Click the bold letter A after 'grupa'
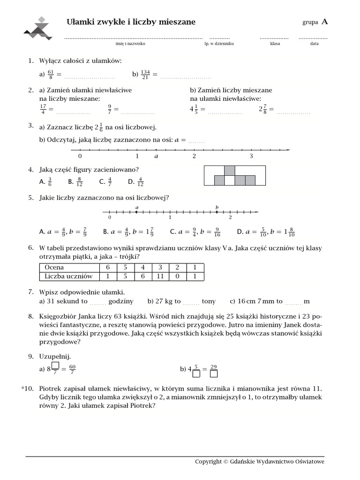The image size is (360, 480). click(x=325, y=22)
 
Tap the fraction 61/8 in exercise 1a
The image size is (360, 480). click(x=51, y=74)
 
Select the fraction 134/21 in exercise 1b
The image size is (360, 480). click(x=145, y=74)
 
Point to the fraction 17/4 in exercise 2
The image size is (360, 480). click(x=43, y=109)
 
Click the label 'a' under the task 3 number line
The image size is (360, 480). click(x=156, y=157)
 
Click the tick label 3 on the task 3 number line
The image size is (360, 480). click(x=251, y=157)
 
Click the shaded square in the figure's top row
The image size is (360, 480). click(x=229, y=170)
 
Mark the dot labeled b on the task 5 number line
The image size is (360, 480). click(x=217, y=212)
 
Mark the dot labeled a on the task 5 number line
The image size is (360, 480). click(x=136, y=212)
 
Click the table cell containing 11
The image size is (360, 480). click(x=160, y=277)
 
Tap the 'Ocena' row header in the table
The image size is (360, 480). click(x=54, y=268)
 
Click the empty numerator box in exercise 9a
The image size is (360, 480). click(x=55, y=366)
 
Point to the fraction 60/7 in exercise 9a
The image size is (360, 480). click(x=73, y=369)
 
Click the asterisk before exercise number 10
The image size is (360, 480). click(x=23, y=389)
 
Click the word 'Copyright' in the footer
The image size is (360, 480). click(x=208, y=462)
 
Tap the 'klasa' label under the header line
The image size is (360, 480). click(x=275, y=43)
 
